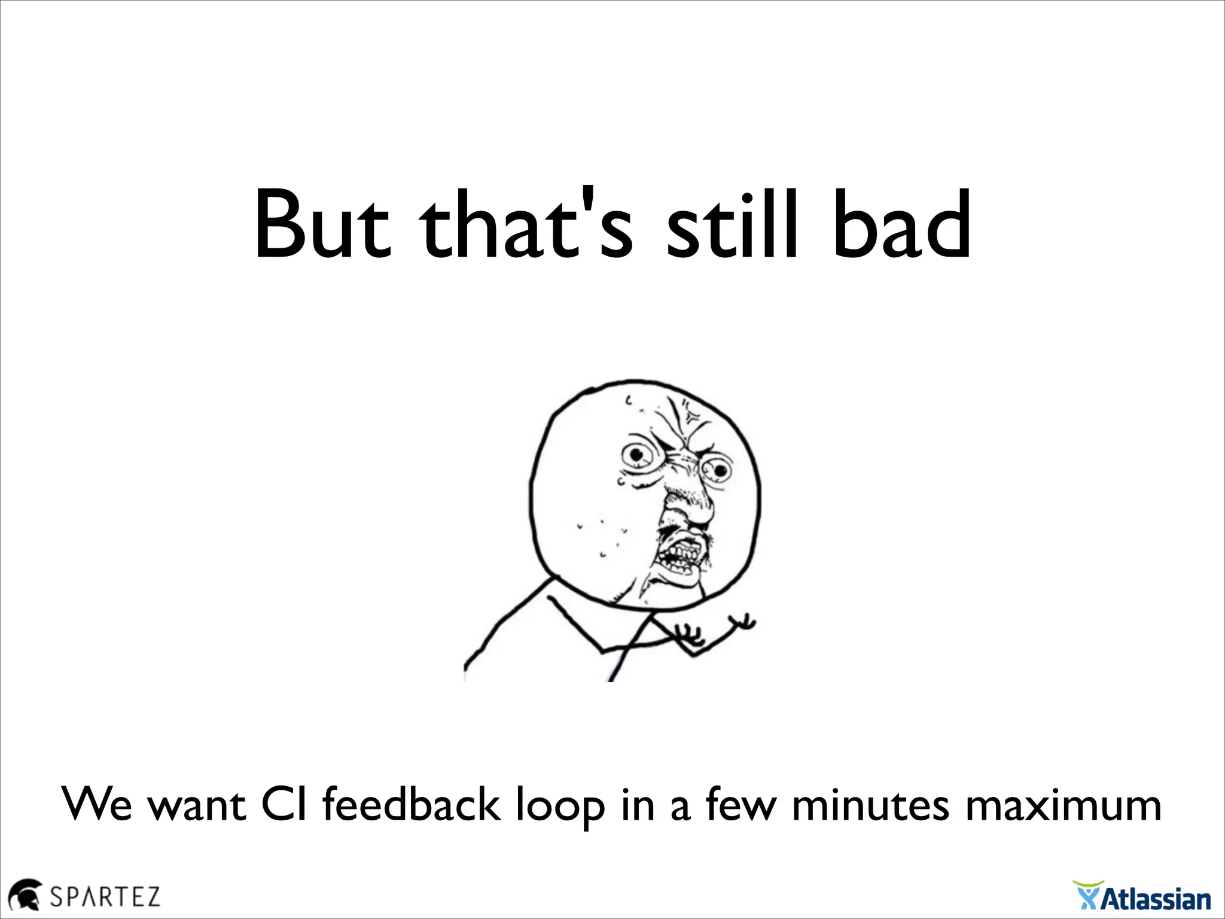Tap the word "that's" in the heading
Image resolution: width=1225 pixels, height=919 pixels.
pos(526,226)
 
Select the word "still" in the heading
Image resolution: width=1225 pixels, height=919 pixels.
pos(732,226)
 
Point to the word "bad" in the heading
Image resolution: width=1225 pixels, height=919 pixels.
pos(901,226)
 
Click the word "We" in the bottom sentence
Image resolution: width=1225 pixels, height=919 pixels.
pos(97,805)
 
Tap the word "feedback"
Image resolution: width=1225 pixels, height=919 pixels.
pos(411,805)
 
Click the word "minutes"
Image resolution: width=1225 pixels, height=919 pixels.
pos(870,805)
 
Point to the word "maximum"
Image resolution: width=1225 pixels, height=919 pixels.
pos(1063,805)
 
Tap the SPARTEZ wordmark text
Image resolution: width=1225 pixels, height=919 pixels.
pos(105,897)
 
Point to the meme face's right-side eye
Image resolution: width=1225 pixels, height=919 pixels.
pos(718,470)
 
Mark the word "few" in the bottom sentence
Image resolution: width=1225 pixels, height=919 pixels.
pos(741,805)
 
